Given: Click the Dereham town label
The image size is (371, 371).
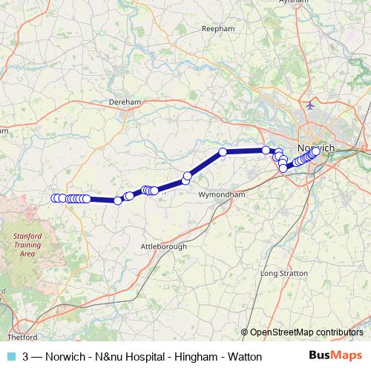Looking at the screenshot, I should click(125, 102).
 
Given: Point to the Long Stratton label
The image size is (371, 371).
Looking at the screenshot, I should click(278, 273).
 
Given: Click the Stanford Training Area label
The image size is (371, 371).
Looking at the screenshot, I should click(27, 244).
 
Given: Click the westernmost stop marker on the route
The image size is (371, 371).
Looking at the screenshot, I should click(54, 198).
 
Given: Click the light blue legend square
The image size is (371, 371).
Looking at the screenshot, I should click(10, 357).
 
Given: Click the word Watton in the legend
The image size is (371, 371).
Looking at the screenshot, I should click(243, 357).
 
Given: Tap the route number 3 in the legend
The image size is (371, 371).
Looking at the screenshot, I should click(26, 357).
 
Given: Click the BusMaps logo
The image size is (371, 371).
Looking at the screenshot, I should click(336, 356).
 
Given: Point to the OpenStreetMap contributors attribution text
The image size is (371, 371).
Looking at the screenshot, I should click(306, 332).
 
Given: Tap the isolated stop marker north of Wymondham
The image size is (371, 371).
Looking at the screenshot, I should click(223, 152).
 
